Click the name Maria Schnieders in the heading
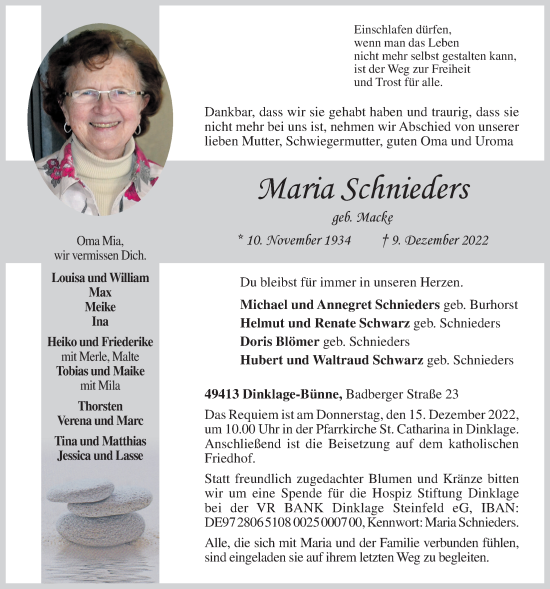point(349,190)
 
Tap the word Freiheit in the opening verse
point(447,70)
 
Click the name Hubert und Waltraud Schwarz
point(331,359)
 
